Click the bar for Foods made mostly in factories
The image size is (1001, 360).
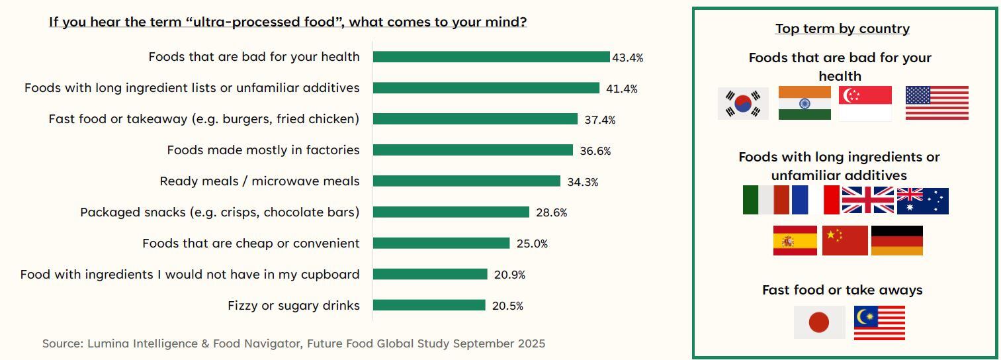pos(472,150)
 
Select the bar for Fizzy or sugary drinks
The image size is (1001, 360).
pos(429,305)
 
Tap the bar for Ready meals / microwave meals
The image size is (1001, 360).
pos(466,181)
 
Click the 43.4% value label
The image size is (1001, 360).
pos(627,58)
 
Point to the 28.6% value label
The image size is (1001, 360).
pos(551,212)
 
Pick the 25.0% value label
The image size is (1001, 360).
pos(532,244)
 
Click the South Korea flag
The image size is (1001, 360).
pos(743,103)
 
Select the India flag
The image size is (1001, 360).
pos(805,103)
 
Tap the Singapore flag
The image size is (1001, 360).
pos(865,103)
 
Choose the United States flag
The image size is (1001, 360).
pos(936,103)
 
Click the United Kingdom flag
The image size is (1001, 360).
pos(867,200)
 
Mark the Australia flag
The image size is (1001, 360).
pos(922,201)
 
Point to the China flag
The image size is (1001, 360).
pos(844,240)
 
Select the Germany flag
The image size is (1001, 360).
pos(896,240)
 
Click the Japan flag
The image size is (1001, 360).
pos(819,322)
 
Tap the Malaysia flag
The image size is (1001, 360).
pos(879,322)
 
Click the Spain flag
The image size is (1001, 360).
pos(795,240)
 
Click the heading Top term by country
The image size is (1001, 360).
pos(842,28)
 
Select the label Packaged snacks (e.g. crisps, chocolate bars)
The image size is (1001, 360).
pos(220,212)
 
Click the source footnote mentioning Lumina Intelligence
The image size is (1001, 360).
pos(294,343)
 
